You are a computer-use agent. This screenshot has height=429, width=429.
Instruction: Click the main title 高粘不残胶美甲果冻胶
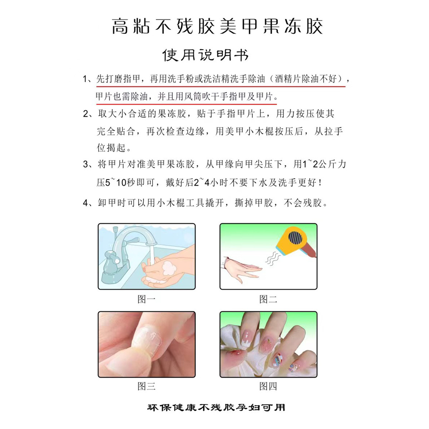coord(217,26)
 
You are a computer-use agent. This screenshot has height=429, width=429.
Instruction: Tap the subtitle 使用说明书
coord(205,55)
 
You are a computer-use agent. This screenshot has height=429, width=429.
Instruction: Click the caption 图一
coord(147,299)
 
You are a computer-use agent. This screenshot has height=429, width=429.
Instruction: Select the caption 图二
coord(268,299)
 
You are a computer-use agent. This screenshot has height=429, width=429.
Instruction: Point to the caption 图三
coord(147,386)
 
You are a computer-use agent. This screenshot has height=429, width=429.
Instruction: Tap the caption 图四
coord(268,386)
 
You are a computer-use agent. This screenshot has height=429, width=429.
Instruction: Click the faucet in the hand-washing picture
coord(122,250)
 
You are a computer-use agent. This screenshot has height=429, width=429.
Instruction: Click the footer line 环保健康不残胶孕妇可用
coord(216,408)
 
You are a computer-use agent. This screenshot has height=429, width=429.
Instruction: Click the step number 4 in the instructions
coord(85,203)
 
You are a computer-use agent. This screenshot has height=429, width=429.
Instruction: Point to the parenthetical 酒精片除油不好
coord(306,79)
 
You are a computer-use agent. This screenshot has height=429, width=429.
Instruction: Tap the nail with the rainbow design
coord(279,357)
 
